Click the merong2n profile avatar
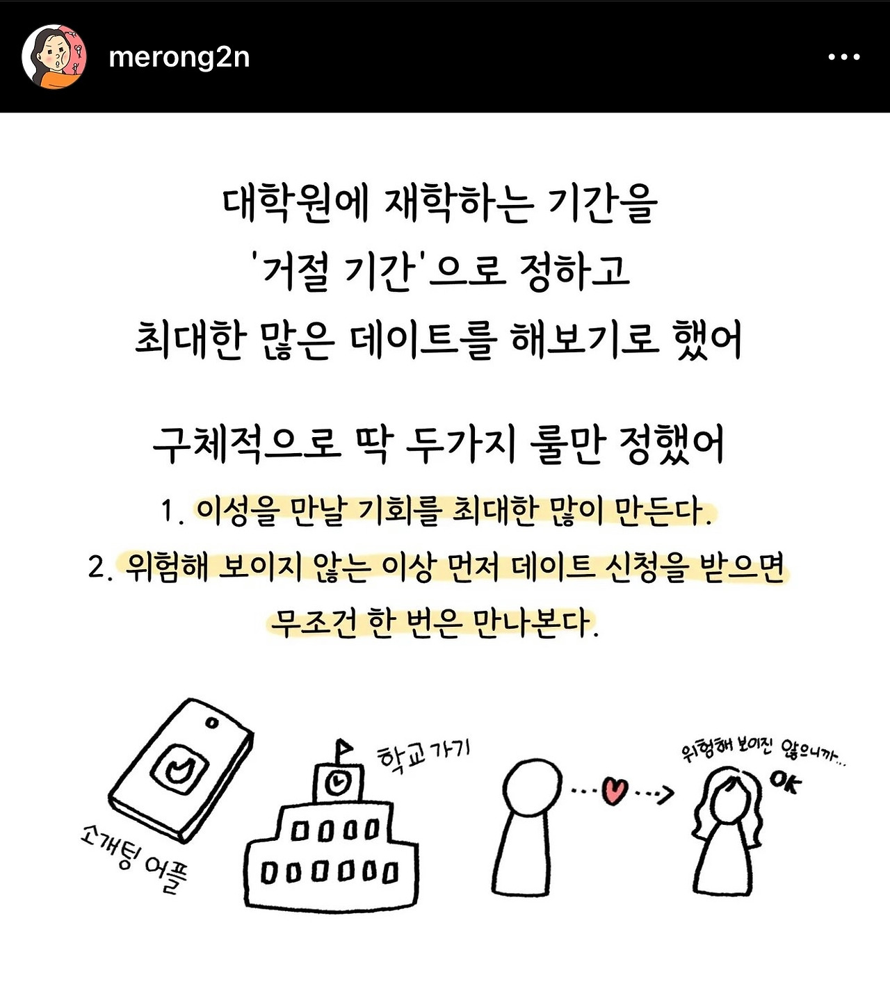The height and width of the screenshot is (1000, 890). (54, 56)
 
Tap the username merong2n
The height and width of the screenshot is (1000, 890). (179, 58)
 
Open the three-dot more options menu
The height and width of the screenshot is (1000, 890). (844, 57)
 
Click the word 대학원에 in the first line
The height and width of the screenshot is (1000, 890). (296, 204)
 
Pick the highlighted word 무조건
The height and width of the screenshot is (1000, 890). (314, 623)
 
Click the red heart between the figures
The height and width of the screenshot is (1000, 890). (614, 790)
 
